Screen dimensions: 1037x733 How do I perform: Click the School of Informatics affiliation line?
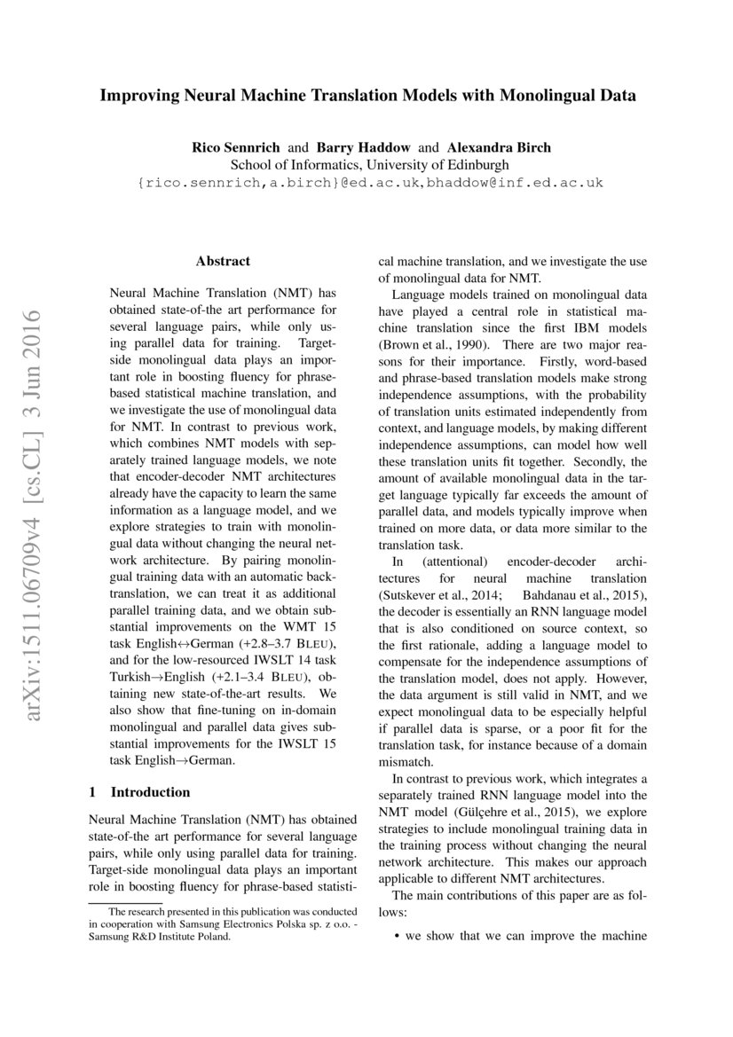[x=370, y=164]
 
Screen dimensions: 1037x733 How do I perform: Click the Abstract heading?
[x=223, y=261]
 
